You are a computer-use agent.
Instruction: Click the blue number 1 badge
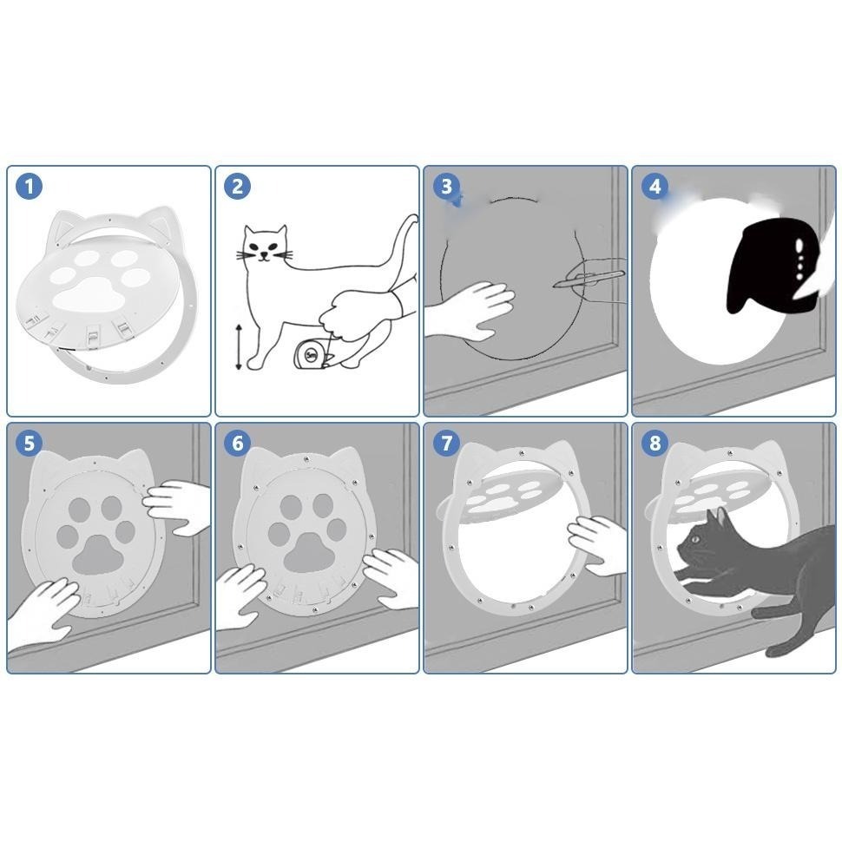pos(29,187)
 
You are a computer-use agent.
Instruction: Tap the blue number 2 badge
pos(237,187)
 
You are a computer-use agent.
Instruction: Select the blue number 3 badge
pos(446,187)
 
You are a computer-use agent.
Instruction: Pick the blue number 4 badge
pos(655,187)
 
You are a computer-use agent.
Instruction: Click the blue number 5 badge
pos(29,444)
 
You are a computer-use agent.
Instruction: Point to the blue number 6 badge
pos(237,444)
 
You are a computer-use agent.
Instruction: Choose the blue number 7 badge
pos(446,444)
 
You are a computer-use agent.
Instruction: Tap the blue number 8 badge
pos(655,444)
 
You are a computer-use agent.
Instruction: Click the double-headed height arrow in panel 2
pos(239,347)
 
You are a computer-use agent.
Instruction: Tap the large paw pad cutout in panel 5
pos(98,554)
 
